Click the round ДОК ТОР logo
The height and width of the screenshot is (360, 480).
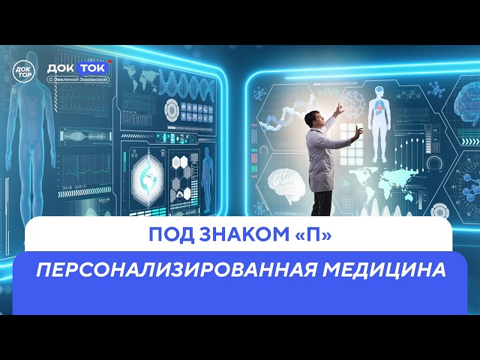click(x=24, y=68)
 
